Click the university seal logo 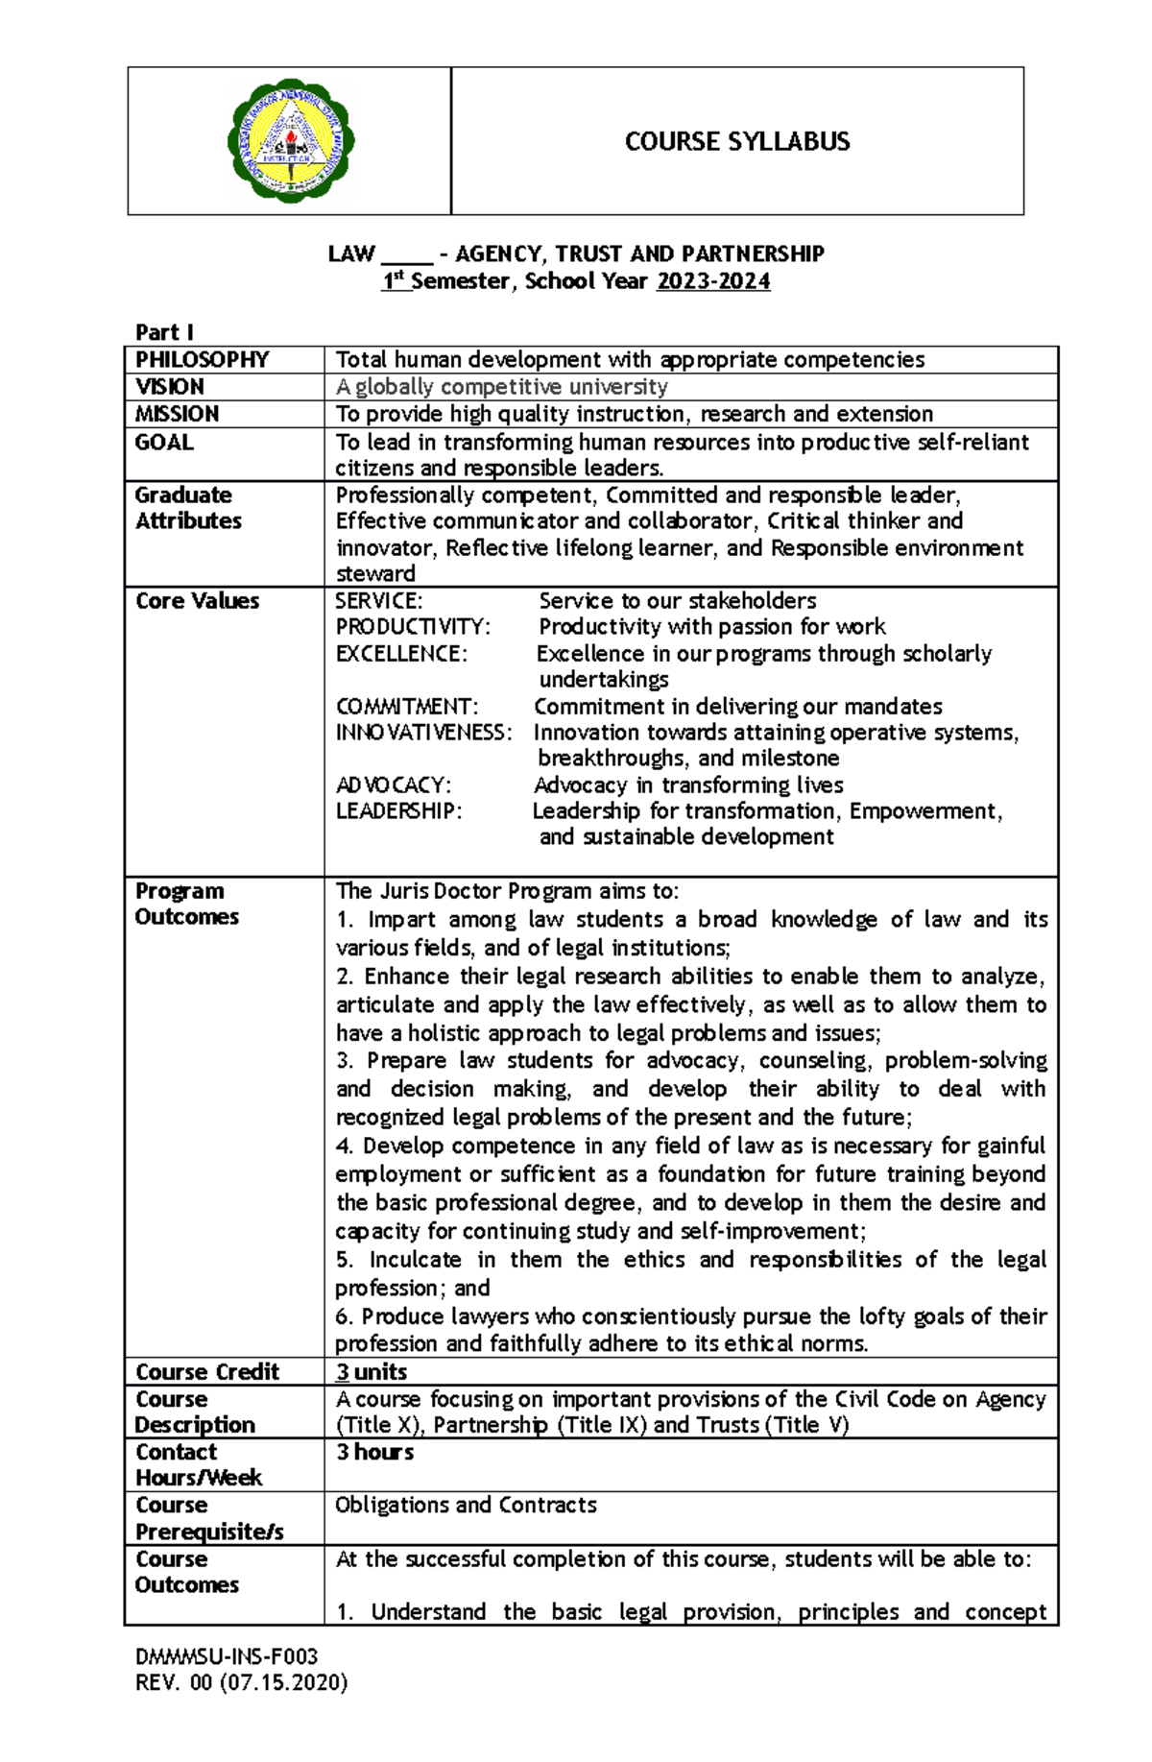tap(290, 141)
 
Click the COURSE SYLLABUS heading tap(736, 142)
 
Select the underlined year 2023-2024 tap(713, 281)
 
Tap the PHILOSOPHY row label tap(202, 360)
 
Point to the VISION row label tap(170, 387)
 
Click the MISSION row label tap(178, 414)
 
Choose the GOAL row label tap(164, 443)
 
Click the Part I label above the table tap(164, 332)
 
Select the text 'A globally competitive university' tap(501, 387)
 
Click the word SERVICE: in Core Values tap(378, 601)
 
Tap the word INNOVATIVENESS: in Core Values tap(423, 733)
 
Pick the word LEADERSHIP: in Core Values tap(398, 811)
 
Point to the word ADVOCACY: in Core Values tap(394, 785)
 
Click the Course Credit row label tap(207, 1372)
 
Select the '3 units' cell tap(372, 1372)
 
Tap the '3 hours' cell tap(374, 1452)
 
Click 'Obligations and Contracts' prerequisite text tap(466, 1505)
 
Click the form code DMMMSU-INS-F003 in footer tap(227, 1656)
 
